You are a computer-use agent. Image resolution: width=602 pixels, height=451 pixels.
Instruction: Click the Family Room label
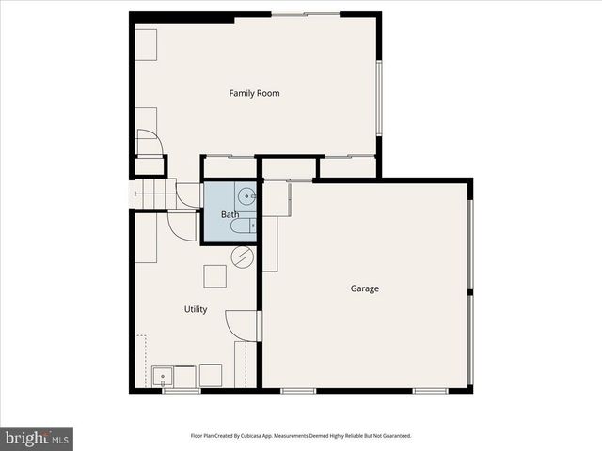[254, 93]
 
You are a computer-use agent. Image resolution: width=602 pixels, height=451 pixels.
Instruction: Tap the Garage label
[365, 288]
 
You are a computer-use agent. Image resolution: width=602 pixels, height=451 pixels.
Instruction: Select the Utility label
[196, 309]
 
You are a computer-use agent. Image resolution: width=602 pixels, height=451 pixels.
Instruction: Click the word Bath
[230, 215]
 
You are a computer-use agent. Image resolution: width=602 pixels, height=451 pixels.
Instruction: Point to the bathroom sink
[246, 196]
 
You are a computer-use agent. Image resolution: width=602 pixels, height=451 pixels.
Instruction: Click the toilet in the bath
[243, 226]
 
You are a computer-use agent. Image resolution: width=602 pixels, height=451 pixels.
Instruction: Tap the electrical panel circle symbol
[243, 257]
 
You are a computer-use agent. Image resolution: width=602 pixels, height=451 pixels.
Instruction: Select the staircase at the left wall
[150, 196]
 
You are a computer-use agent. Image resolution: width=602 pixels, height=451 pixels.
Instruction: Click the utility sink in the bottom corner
[163, 378]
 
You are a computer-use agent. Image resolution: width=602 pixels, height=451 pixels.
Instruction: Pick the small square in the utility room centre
[215, 276]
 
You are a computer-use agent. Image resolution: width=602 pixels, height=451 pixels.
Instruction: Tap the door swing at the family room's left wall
[150, 142]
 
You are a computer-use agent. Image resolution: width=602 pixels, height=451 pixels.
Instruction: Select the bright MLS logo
[37, 438]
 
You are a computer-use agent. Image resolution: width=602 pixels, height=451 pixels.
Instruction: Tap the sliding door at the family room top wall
[306, 14]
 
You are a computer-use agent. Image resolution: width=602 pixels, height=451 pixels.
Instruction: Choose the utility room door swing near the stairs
[182, 224]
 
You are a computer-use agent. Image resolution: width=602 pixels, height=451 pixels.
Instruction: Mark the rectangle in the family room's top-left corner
[146, 45]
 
